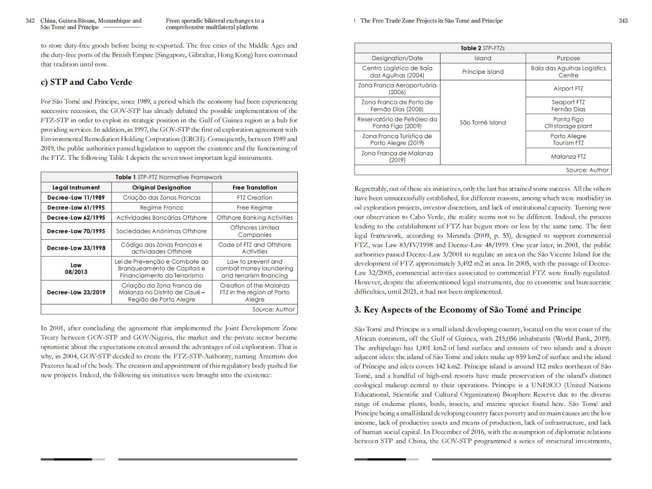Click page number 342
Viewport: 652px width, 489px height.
pyautogui.click(x=30, y=21)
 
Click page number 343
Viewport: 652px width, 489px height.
pyautogui.click(x=623, y=21)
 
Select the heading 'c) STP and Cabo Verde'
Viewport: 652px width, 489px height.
pyautogui.click(x=86, y=82)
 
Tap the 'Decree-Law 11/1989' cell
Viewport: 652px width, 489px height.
pyautogui.click(x=76, y=198)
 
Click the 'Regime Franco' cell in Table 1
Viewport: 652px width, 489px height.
pyautogui.click(x=161, y=207)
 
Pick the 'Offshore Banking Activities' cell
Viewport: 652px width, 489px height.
pyautogui.click(x=255, y=218)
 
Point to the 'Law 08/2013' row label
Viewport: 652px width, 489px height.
pyautogui.click(x=76, y=269)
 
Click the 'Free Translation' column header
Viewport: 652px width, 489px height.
pyautogui.click(x=255, y=187)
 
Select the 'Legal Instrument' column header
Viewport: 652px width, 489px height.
pyautogui.click(x=76, y=187)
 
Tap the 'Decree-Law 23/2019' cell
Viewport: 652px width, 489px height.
pyautogui.click(x=76, y=292)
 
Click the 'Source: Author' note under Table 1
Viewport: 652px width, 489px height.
pyautogui.click(x=273, y=309)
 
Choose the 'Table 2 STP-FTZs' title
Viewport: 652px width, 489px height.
pyautogui.click(x=482, y=48)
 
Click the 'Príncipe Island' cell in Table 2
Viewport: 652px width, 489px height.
pyautogui.click(x=482, y=72)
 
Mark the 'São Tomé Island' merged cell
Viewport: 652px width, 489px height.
pyautogui.click(x=482, y=122)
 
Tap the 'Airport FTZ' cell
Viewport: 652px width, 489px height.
pyautogui.click(x=568, y=88)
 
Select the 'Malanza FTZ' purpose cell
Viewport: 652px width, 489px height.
pyautogui.click(x=568, y=156)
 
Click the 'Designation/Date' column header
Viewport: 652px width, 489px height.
pyautogui.click(x=397, y=58)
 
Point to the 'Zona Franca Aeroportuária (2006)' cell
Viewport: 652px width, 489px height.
pyautogui.click(x=397, y=88)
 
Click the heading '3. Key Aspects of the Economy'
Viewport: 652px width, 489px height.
pyautogui.click(x=468, y=310)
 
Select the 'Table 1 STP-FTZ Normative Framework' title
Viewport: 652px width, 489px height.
pyautogui.click(x=169, y=177)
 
